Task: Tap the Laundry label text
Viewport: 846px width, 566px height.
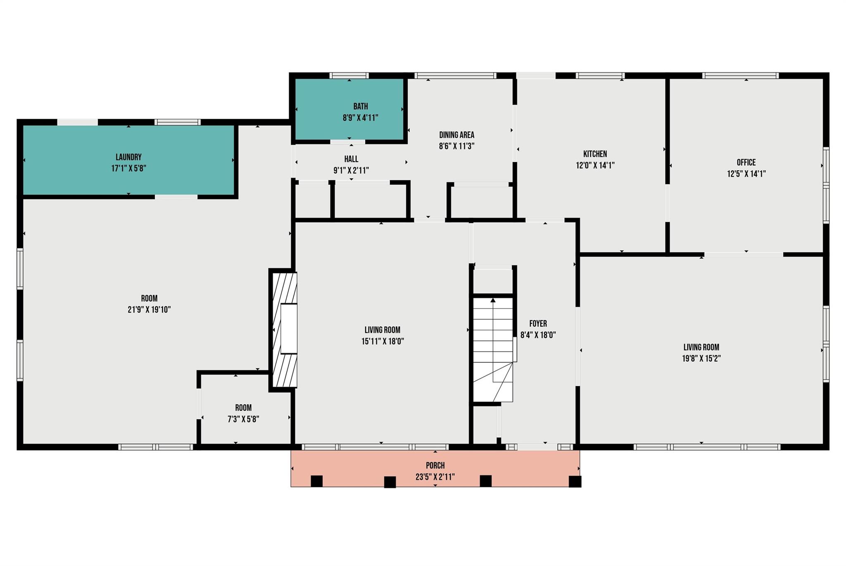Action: (128, 157)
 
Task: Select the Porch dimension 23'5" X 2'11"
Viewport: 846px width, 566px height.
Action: (435, 477)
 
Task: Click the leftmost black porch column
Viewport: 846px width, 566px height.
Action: (316, 481)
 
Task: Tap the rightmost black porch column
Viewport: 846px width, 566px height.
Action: (575, 482)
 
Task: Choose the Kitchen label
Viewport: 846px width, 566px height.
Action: (595, 154)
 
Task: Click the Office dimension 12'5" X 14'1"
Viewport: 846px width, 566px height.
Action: (746, 174)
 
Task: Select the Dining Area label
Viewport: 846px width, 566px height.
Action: (456, 135)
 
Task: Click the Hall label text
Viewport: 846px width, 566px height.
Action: (351, 159)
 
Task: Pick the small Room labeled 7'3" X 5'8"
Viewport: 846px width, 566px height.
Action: (243, 413)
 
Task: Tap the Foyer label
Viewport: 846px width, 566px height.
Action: (538, 324)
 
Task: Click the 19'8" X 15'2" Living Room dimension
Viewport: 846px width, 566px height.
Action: (701, 358)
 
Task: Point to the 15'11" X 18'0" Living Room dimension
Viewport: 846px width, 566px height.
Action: (382, 341)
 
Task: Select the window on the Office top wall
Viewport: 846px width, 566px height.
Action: (740, 76)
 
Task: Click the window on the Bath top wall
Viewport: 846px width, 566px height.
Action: (349, 76)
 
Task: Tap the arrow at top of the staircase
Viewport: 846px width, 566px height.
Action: (493, 300)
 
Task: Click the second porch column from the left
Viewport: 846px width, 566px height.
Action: (390, 482)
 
